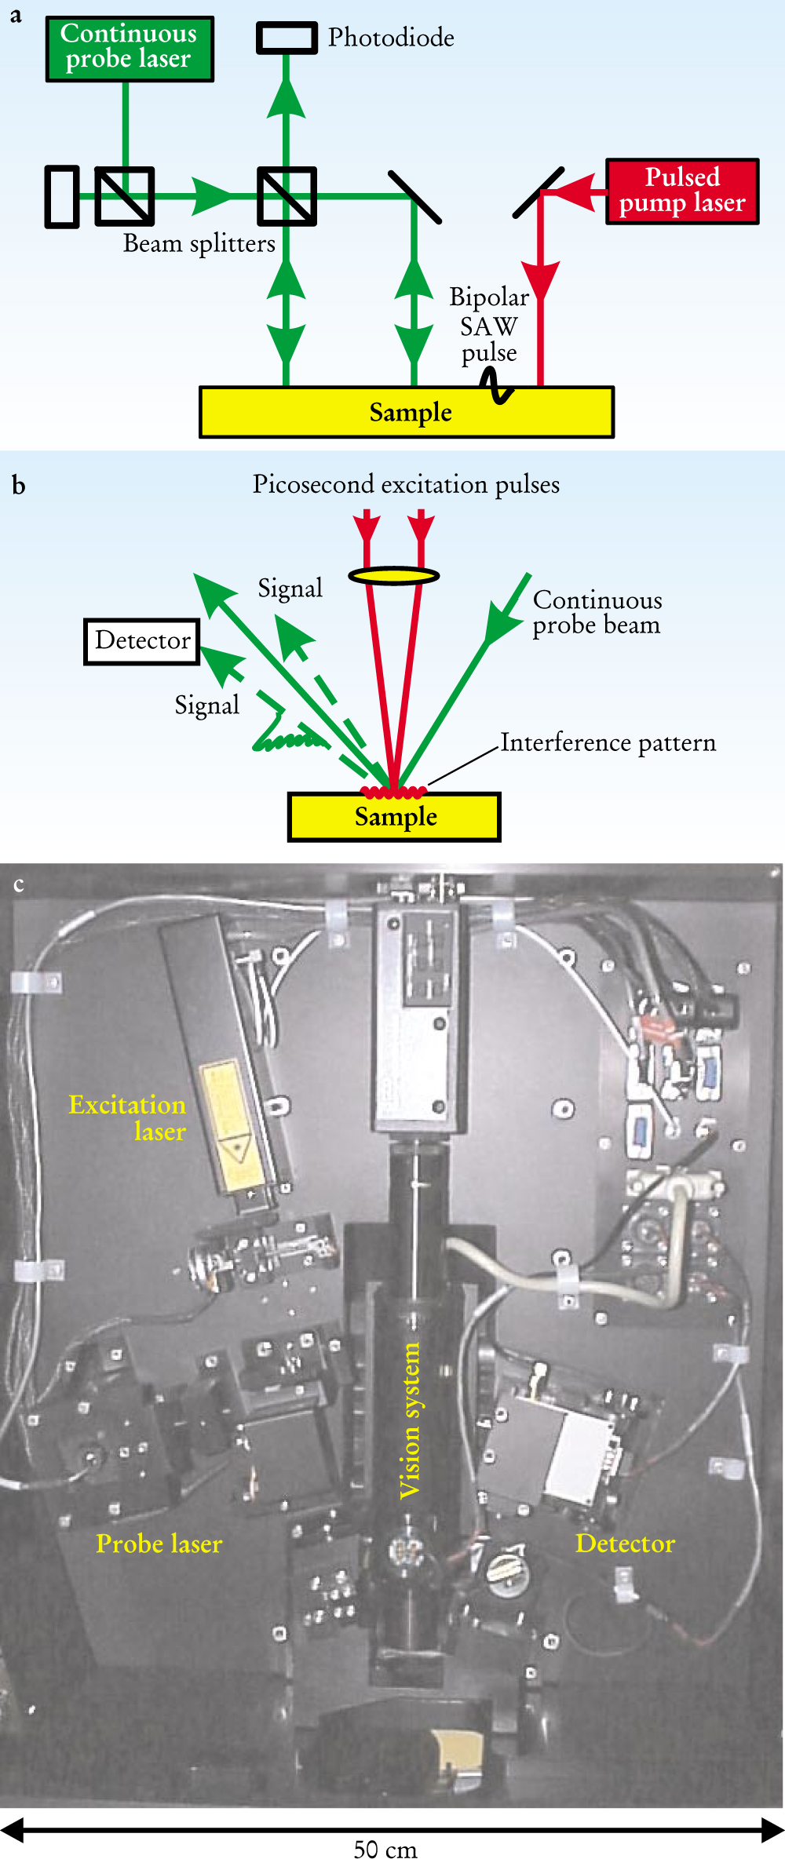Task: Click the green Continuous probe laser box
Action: pyautogui.click(x=130, y=49)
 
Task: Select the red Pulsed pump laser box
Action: pyautogui.click(x=682, y=191)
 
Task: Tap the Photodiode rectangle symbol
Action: pyautogui.click(x=287, y=38)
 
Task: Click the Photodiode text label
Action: pyautogui.click(x=391, y=38)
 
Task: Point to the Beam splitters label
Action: pyautogui.click(x=199, y=244)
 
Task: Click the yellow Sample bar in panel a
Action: pyautogui.click(x=407, y=412)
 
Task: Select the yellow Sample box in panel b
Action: pyautogui.click(x=394, y=817)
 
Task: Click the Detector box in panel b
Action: pyautogui.click(x=142, y=641)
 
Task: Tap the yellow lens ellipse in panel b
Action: pyautogui.click(x=393, y=576)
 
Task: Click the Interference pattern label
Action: pyautogui.click(x=608, y=742)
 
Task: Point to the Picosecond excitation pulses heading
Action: pyautogui.click(x=406, y=485)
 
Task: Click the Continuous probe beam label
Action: pyautogui.click(x=597, y=613)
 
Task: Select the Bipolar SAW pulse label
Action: pyautogui.click(x=489, y=324)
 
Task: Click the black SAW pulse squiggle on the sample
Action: pyautogui.click(x=497, y=386)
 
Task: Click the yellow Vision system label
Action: pyautogui.click(x=410, y=1420)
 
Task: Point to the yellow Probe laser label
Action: pyautogui.click(x=159, y=1544)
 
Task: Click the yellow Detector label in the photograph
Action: pyautogui.click(x=625, y=1544)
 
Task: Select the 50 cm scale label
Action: pyautogui.click(x=385, y=1849)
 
